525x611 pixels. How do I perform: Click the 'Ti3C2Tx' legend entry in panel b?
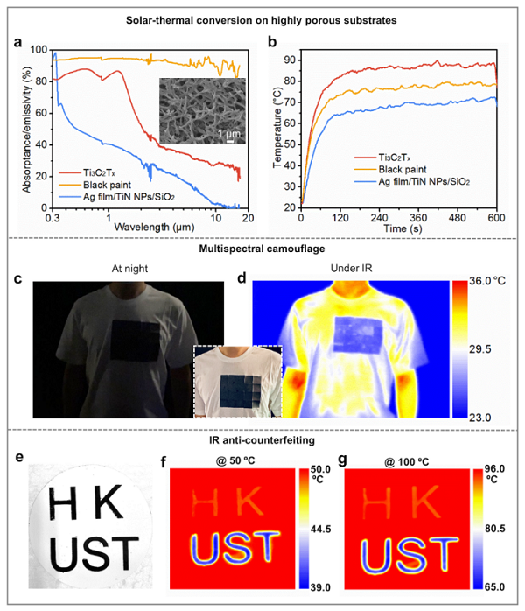coord(404,157)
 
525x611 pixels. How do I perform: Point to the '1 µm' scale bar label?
coord(227,132)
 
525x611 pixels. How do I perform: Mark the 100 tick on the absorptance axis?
coord(36,50)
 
